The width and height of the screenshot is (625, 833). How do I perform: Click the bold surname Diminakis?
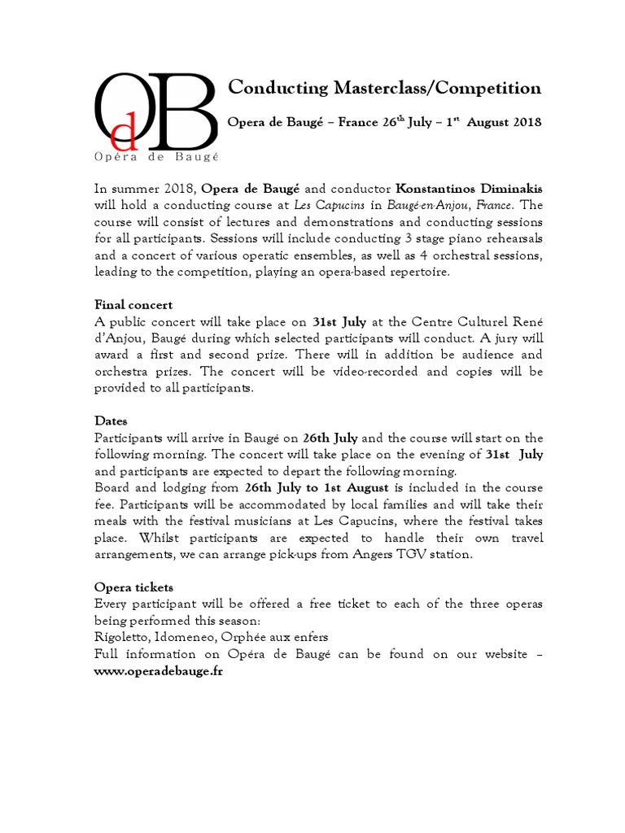click(510, 189)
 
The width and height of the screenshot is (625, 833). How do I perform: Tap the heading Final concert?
click(133, 305)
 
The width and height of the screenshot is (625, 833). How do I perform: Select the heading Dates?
click(111, 421)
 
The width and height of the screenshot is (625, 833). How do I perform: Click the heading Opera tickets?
click(133, 587)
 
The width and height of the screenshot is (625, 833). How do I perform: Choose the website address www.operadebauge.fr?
click(159, 671)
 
